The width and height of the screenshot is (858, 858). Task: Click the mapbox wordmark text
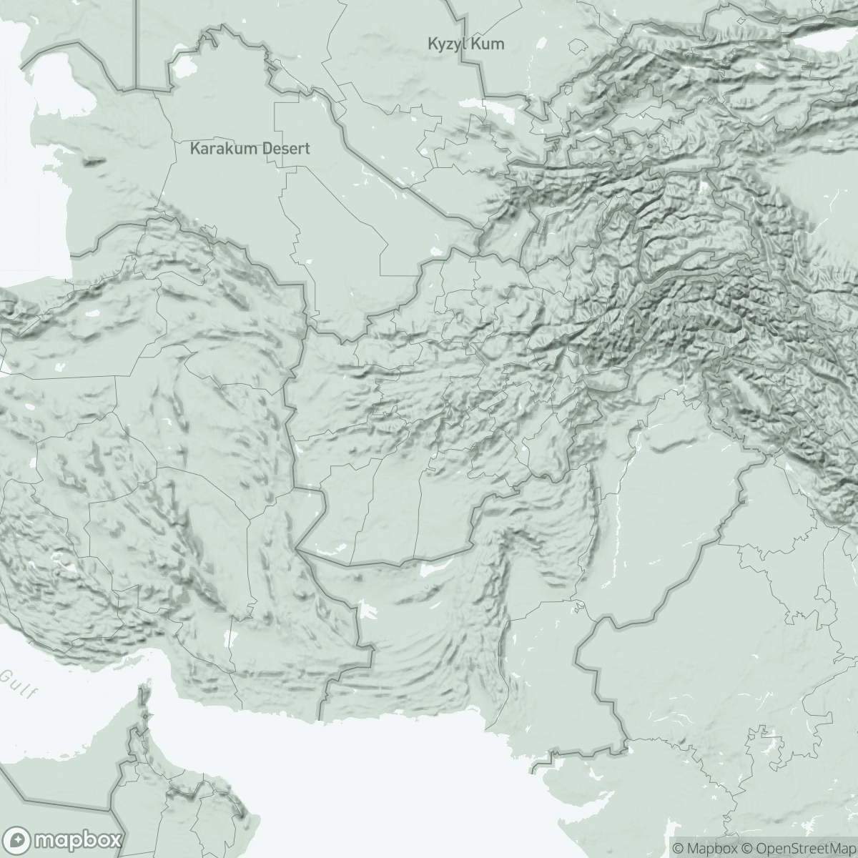[77, 839]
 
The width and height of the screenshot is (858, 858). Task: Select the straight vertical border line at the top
[136, 43]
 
